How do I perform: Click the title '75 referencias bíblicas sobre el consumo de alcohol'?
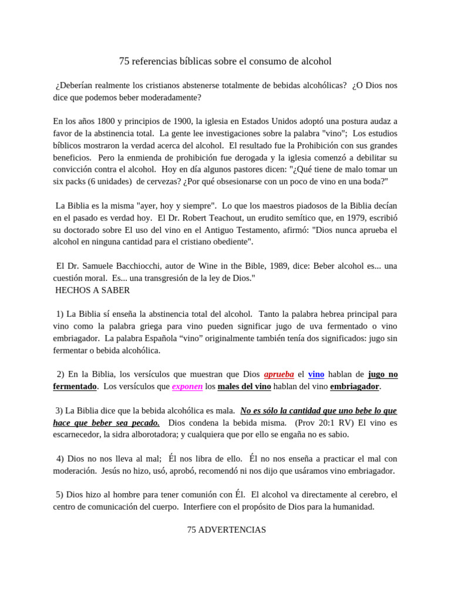point(225,61)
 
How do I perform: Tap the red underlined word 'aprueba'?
point(279,374)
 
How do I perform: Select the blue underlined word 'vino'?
point(316,374)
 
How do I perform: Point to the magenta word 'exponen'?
point(187,386)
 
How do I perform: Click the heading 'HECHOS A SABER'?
point(92,290)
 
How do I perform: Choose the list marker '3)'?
point(59,410)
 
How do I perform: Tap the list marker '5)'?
point(59,494)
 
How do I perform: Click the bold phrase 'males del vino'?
point(244,386)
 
